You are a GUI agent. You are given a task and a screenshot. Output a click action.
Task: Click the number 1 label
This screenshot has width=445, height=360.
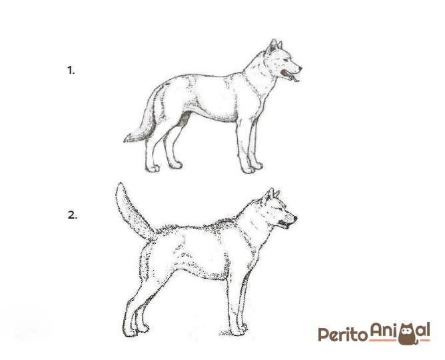click(71, 70)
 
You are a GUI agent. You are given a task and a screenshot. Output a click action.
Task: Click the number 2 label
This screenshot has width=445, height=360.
click(72, 215)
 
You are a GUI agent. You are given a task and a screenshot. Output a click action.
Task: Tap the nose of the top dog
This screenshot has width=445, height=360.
click(300, 68)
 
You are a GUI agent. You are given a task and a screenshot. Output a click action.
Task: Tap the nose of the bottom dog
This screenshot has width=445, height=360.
click(295, 218)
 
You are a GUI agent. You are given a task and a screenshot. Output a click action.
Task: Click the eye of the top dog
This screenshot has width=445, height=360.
click(286, 59)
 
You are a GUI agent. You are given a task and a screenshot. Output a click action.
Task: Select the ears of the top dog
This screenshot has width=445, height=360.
click(274, 45)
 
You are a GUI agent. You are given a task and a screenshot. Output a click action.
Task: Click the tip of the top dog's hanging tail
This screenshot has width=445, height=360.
click(125, 141)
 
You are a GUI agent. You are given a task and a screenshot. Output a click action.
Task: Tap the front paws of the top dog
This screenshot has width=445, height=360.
click(252, 168)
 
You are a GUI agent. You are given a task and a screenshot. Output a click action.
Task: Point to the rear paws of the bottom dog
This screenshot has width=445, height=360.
click(136, 331)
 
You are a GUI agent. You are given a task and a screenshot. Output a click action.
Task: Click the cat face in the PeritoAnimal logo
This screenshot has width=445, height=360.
click(407, 333)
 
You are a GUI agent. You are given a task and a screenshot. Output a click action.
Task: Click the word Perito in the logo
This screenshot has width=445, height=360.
click(342, 335)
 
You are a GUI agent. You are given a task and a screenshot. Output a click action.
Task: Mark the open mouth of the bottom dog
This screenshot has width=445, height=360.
click(284, 224)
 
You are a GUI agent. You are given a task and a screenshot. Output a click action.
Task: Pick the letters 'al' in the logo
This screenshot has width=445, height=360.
click(424, 330)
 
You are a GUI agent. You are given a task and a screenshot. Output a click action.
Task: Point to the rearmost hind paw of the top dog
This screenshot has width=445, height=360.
click(152, 169)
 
